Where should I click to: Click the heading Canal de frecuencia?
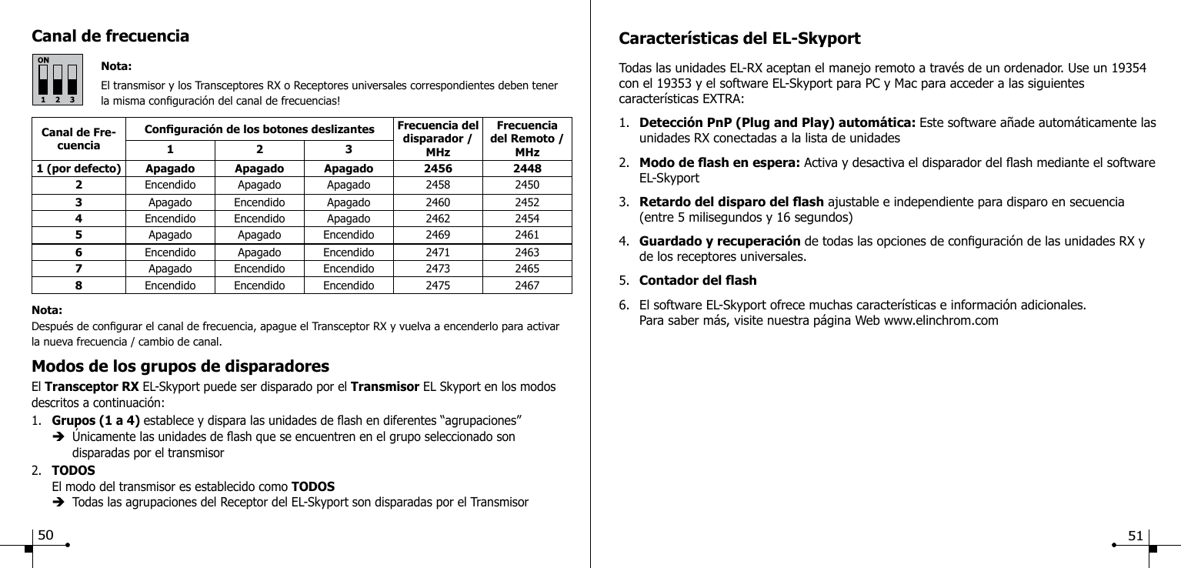[110, 36]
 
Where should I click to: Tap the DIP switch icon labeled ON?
[58, 79]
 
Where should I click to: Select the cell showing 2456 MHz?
[439, 169]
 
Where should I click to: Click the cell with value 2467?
[528, 285]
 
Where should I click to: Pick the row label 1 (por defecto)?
[78, 169]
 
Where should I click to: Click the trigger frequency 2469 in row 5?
[439, 234]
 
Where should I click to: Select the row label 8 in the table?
[78, 285]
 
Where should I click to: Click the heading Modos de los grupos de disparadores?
[180, 365]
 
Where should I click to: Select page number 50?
[46, 534]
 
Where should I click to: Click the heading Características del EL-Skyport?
[740, 39]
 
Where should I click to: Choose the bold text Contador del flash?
[698, 280]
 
